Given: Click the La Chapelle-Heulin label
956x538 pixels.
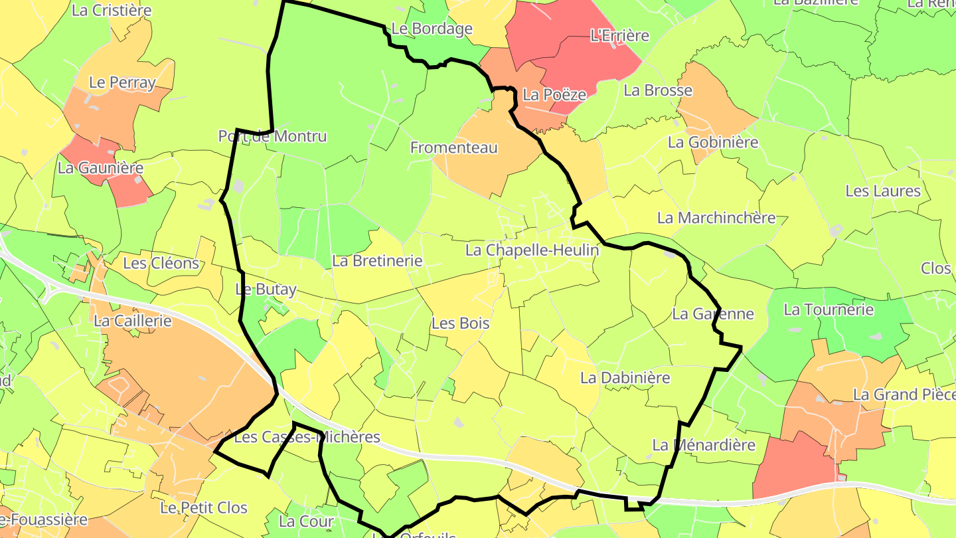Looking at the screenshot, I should click(532, 250).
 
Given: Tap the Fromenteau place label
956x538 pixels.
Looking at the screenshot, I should click(453, 147).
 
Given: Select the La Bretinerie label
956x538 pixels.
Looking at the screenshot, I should click(377, 261).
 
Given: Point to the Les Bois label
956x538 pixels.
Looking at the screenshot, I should click(460, 323).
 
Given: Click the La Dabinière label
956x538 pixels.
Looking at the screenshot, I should click(625, 378).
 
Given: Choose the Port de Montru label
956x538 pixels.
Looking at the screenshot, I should click(272, 136).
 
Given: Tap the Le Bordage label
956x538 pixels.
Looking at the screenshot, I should click(432, 29).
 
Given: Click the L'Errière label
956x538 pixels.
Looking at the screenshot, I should click(619, 36).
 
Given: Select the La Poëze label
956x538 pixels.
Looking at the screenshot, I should click(554, 95).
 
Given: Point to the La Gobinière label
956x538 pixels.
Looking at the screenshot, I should click(712, 142).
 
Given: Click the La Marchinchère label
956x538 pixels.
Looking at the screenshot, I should click(716, 218).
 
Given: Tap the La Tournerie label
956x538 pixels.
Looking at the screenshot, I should click(829, 310).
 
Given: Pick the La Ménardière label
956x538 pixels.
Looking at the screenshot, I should click(703, 445).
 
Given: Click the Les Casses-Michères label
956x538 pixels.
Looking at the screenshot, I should click(307, 437).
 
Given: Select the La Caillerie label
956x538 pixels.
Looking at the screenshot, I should click(133, 321).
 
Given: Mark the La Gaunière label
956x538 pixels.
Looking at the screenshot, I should click(100, 168).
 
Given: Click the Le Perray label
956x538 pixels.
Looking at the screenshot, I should click(121, 83).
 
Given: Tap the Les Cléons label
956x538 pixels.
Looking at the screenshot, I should click(161, 263).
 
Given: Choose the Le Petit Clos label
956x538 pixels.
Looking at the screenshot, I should click(203, 508).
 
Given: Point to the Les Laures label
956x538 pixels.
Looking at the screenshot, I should click(882, 191).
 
